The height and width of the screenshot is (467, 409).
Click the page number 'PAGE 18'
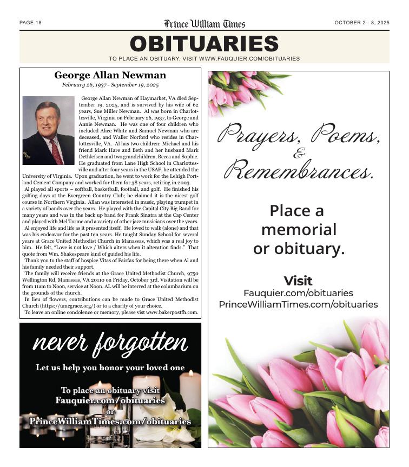pyautogui.click(x=30, y=23)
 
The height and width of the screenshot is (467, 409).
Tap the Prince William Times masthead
pyautogui.click(x=205, y=24)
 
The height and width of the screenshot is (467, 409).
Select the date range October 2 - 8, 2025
pyautogui.click(x=361, y=23)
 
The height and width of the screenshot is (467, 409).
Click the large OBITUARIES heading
pyautogui.click(x=204, y=44)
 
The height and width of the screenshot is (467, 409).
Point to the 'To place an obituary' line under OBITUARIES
pyautogui.click(x=204, y=58)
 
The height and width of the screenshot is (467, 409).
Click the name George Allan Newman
pyautogui.click(x=110, y=76)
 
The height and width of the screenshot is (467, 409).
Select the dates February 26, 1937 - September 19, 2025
pyautogui.click(x=110, y=85)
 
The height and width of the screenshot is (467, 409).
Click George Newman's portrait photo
pyautogui.click(x=48, y=130)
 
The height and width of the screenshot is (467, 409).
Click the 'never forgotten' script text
pyautogui.click(x=110, y=343)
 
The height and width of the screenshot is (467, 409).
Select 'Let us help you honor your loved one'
pyautogui.click(x=110, y=368)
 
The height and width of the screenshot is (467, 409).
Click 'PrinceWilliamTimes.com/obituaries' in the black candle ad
pyautogui.click(x=110, y=421)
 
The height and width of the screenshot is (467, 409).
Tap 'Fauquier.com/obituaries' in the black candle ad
pyautogui.click(x=110, y=401)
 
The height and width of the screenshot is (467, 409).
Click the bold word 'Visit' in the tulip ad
pyautogui.click(x=298, y=281)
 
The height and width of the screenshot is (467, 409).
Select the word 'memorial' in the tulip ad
pyautogui.click(x=298, y=230)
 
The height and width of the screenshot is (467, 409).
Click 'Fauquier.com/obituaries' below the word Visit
pyautogui.click(x=298, y=293)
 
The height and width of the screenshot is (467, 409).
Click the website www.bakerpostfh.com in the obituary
pyautogui.click(x=172, y=312)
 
